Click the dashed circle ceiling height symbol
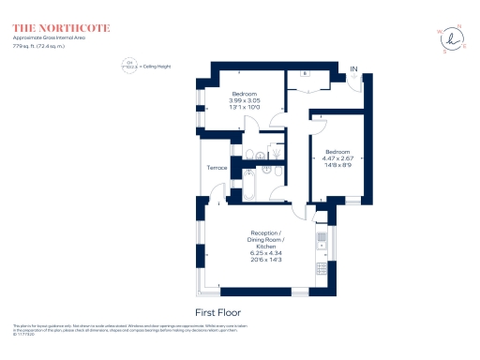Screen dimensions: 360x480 click(x=129, y=67)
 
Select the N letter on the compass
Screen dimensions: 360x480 click(x=458, y=27)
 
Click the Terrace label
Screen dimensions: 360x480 click(x=217, y=168)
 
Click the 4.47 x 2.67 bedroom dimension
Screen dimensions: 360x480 click(x=337, y=159)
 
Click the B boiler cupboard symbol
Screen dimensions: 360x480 click(x=306, y=73)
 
